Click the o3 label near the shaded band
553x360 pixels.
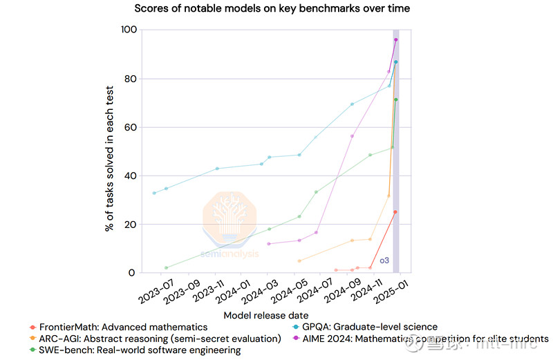click(385, 260)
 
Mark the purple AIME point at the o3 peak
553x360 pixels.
click(396, 40)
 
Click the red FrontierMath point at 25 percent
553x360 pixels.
click(395, 212)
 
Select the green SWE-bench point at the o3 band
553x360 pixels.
click(396, 100)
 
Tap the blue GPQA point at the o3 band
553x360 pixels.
click(396, 62)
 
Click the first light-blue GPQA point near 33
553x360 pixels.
click(154, 193)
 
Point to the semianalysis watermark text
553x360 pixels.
click(229, 254)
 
